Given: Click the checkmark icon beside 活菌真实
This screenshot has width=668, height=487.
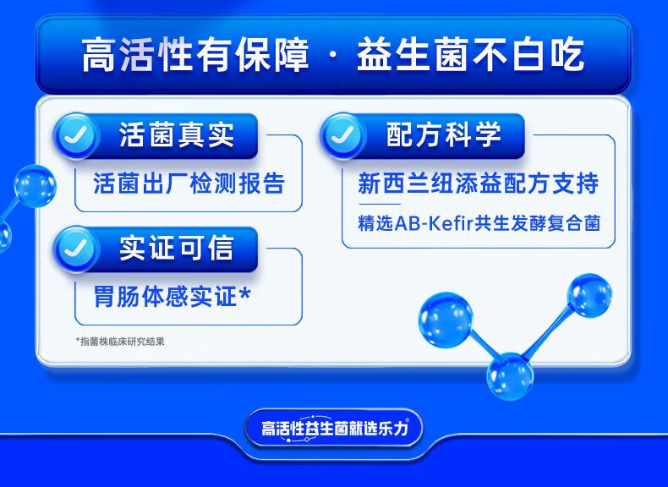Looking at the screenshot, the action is click(x=77, y=136).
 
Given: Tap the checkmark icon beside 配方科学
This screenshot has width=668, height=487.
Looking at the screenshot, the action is click(x=343, y=136).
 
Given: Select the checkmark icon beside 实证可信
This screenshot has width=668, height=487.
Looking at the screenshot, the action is click(x=77, y=249).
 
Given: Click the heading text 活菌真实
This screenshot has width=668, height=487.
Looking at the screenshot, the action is click(x=177, y=134).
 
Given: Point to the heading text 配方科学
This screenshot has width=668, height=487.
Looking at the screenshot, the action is click(x=443, y=134).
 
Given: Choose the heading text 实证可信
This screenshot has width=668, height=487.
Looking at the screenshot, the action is click(x=177, y=248).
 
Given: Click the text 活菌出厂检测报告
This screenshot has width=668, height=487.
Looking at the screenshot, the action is click(x=189, y=183).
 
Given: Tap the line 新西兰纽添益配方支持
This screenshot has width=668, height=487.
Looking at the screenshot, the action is click(x=478, y=183).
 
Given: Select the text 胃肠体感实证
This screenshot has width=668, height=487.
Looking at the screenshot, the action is click(x=165, y=296).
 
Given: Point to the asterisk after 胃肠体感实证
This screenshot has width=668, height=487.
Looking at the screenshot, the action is click(x=244, y=293).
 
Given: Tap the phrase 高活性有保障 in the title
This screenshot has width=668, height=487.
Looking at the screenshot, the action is click(x=194, y=55).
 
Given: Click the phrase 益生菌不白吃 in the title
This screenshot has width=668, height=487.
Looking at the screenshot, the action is click(x=470, y=55).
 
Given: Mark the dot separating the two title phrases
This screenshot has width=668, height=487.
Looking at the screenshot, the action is click(x=332, y=57).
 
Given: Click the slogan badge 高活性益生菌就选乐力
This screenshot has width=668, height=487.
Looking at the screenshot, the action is click(x=334, y=428).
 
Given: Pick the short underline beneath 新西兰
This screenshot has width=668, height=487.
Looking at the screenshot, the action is click(x=379, y=204).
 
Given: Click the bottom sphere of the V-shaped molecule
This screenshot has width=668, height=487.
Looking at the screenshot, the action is click(x=510, y=376).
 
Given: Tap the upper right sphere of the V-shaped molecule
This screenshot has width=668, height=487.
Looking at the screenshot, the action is click(x=589, y=296).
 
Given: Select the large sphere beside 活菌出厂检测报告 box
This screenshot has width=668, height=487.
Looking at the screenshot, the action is click(x=35, y=186).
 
